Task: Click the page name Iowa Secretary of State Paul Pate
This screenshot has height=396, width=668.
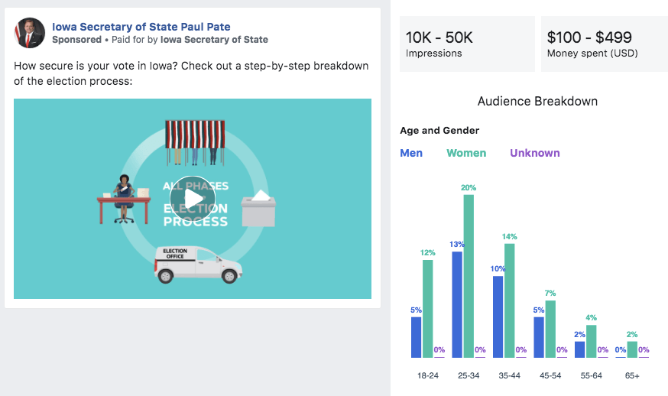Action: [x=141, y=26]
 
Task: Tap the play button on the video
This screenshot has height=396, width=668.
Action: [x=193, y=198]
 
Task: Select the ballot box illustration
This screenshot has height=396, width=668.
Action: [x=258, y=208]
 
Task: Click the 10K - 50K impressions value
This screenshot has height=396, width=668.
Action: [x=439, y=37]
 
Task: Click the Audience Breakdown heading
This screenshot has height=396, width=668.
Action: [x=537, y=101]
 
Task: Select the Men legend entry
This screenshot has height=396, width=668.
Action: [x=411, y=153]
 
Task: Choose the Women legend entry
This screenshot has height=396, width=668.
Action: [x=466, y=153]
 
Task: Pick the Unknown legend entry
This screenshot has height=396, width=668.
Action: [x=535, y=153]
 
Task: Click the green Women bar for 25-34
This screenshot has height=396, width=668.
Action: [x=469, y=275]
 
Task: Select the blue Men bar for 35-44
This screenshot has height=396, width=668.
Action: [x=498, y=316]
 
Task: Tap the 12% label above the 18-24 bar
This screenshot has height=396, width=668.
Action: [x=427, y=253]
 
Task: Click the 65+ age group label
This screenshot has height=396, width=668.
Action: [x=632, y=377]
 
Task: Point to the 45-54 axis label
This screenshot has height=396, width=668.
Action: [x=550, y=377]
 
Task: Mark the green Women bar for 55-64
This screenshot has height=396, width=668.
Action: [x=591, y=341]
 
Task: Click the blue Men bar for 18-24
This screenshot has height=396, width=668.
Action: [x=417, y=337]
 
